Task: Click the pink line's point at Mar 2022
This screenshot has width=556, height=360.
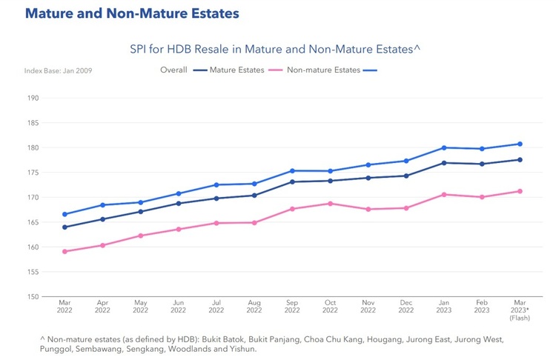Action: click(x=64, y=251)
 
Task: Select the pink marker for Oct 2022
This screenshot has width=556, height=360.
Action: click(x=330, y=204)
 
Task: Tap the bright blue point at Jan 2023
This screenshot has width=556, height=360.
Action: click(x=444, y=147)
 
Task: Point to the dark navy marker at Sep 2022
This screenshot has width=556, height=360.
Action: click(x=292, y=181)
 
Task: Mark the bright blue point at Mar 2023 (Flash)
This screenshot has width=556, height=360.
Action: click(x=520, y=144)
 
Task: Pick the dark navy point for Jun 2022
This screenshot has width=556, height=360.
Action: click(x=179, y=203)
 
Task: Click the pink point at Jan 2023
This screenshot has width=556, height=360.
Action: click(x=444, y=195)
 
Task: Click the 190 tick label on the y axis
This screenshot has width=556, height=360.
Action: click(x=33, y=98)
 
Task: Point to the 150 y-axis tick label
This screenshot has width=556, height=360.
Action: click(x=33, y=296)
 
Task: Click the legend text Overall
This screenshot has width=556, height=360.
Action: click(x=173, y=70)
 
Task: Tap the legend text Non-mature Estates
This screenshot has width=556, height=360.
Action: click(x=323, y=70)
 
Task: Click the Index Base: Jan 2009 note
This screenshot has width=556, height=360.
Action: click(x=58, y=71)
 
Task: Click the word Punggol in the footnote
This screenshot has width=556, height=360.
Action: click(x=56, y=348)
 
